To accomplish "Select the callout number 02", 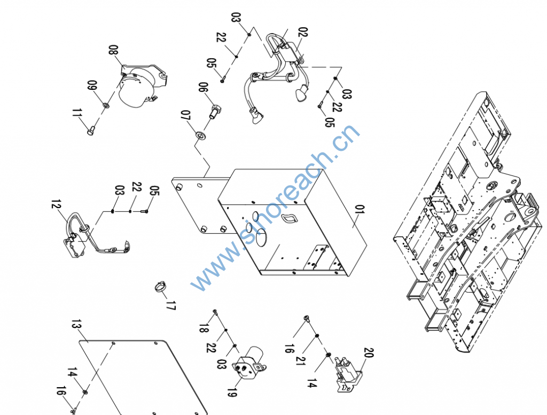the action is point(303,32).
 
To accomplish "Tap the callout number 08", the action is point(113,50).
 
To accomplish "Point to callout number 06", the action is point(204,87).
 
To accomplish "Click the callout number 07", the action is point(185,116).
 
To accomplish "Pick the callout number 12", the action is point(56,204).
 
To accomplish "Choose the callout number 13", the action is point(76,324).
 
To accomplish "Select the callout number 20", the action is point(369,353).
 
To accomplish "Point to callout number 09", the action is point(92,86).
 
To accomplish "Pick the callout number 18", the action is point(204,328).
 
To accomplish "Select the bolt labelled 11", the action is point(90,131).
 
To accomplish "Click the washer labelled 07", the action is point(200,134).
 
